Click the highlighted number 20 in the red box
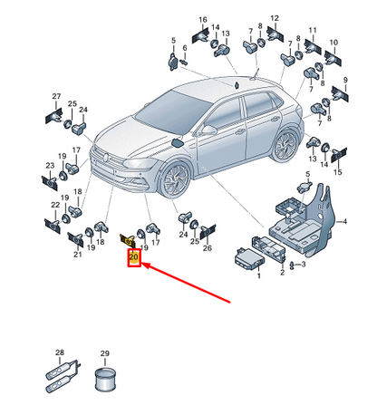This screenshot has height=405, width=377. (133, 257)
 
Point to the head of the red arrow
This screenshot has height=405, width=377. (142, 265)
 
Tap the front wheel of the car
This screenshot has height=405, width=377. (175, 179)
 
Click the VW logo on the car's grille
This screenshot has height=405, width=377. (106, 158)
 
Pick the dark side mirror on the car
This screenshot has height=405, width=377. (178, 142)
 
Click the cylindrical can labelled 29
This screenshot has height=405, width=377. (104, 379)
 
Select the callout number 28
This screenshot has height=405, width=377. (60, 352)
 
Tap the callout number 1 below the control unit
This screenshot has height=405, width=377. (258, 275)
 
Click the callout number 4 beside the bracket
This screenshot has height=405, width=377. (344, 222)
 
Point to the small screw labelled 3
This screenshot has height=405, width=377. (292, 265)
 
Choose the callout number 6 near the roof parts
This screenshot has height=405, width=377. (185, 48)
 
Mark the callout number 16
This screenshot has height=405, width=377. (203, 20)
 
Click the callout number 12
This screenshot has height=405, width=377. (275, 18)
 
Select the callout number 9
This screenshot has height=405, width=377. (345, 80)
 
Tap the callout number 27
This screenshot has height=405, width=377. (56, 96)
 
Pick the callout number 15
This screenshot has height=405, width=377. (338, 172)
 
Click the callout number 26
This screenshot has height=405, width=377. (208, 248)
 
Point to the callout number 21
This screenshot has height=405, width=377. (78, 255)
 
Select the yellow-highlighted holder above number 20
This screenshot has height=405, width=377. (128, 240)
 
